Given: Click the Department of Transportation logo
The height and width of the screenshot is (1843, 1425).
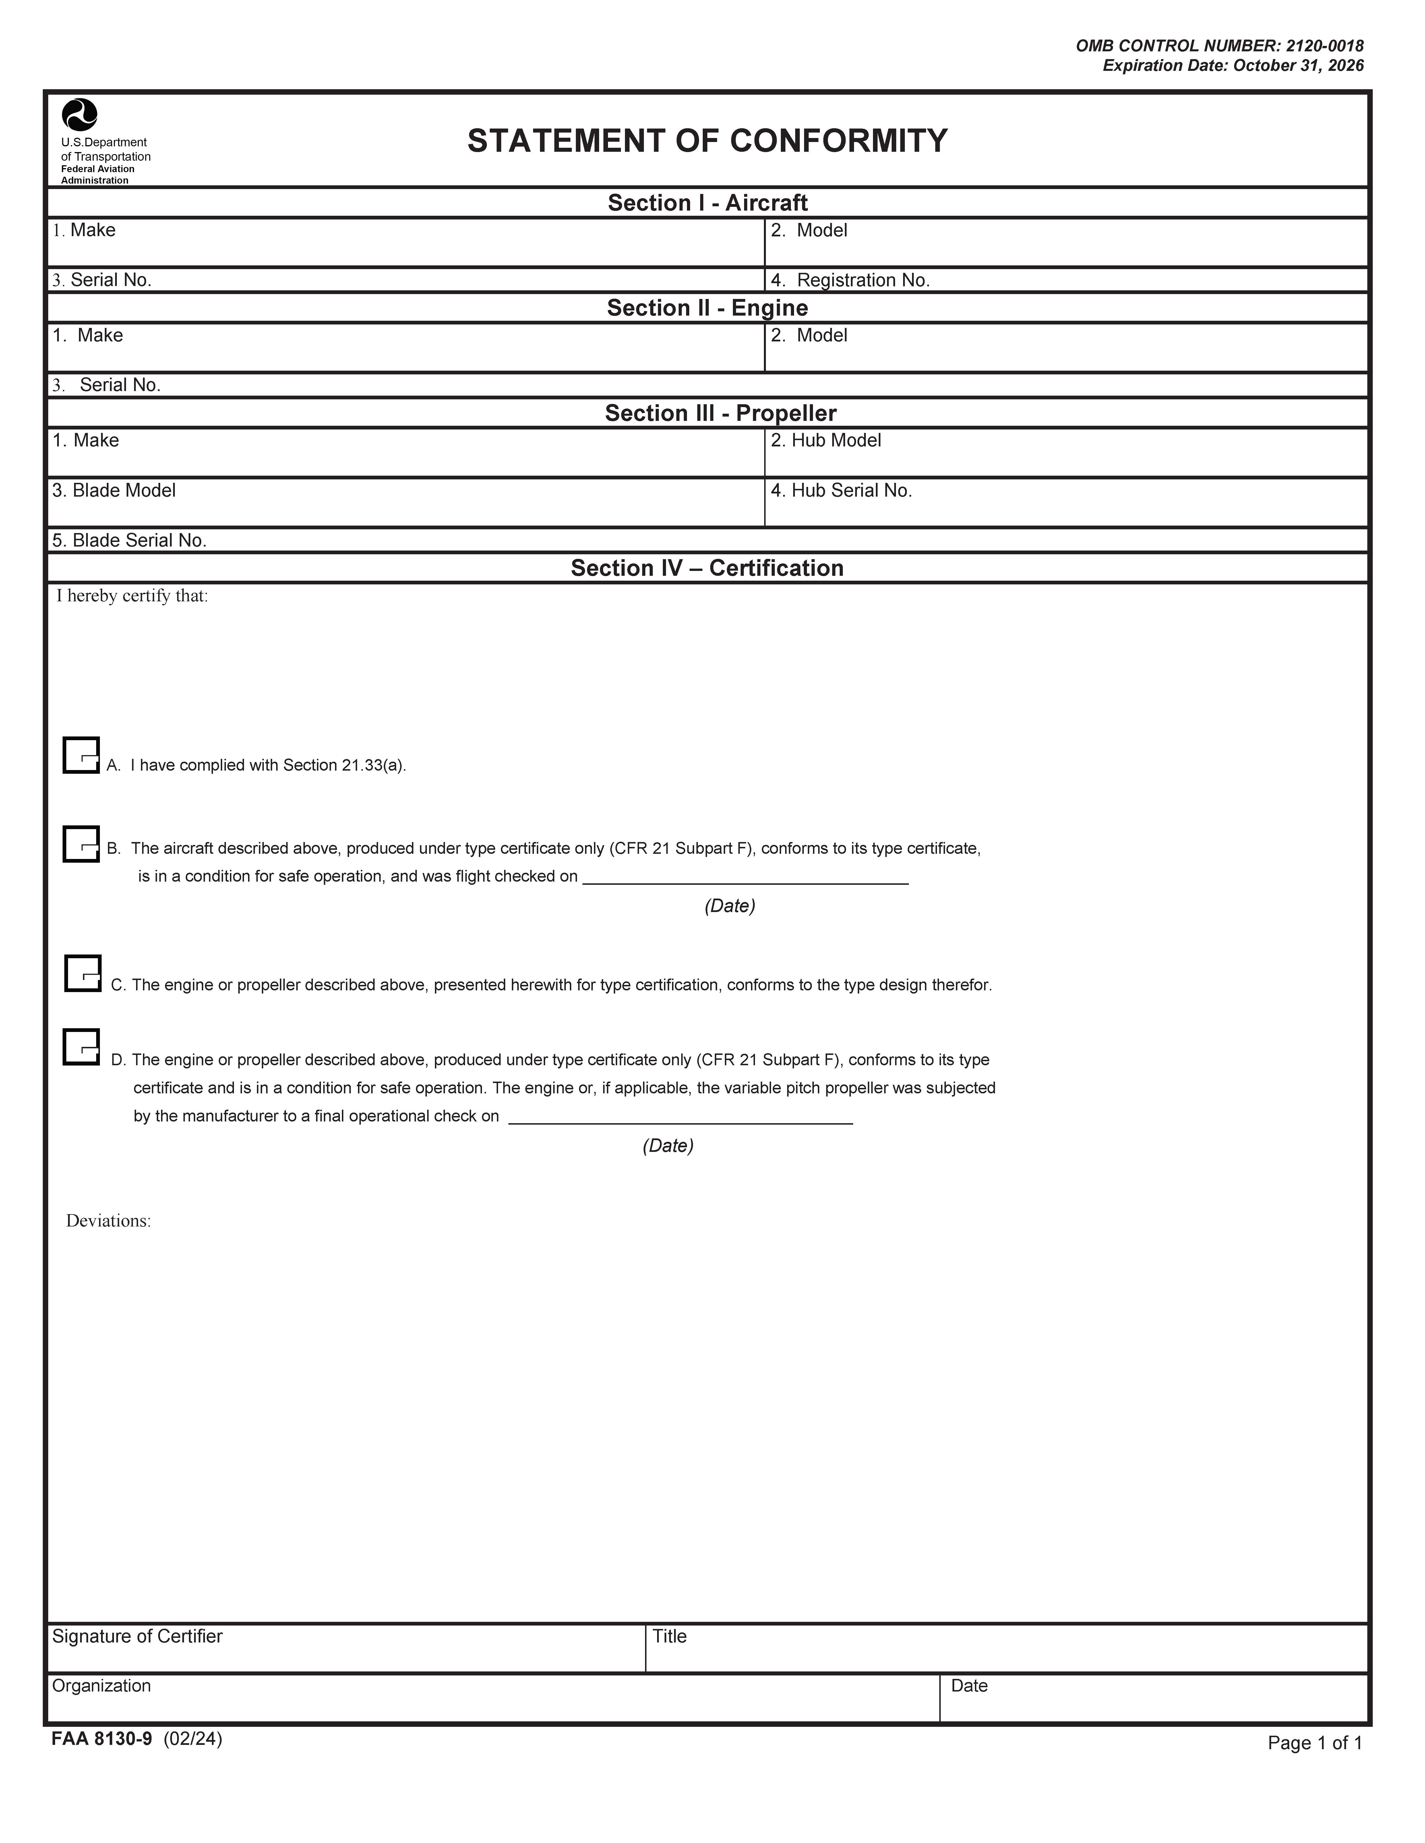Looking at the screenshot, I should pos(79,115).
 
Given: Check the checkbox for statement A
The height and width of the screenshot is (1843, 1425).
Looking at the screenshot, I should pos(81,755).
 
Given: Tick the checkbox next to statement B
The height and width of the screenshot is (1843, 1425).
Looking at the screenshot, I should pos(81,844).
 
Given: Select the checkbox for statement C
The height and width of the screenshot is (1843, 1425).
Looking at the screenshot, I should pos(83,974).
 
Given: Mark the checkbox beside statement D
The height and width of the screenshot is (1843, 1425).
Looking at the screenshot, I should pos(81,1047).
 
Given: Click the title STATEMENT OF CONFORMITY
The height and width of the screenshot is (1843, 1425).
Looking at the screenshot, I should pos(707,141).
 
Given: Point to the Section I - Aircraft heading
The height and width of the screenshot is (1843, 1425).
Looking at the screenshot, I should pos(707,203).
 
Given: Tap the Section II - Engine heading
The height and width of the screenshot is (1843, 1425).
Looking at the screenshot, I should pos(707,308).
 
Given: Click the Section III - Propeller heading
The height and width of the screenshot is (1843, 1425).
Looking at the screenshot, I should pos(720,413).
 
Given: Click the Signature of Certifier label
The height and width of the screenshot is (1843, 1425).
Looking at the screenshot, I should pos(137,1636).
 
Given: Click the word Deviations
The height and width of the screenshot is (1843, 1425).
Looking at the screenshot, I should pos(108,1221).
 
